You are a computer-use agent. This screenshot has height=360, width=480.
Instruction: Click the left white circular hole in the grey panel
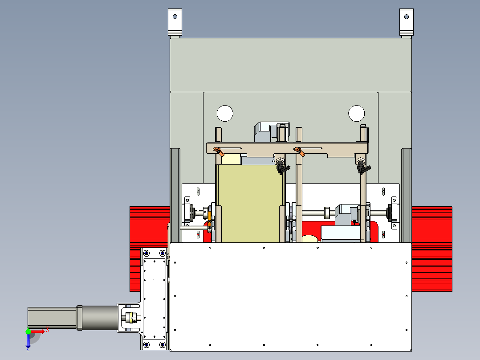(225, 113)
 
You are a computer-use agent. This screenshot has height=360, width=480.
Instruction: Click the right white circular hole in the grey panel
(356, 113)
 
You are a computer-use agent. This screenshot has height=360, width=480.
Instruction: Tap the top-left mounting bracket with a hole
(175, 22)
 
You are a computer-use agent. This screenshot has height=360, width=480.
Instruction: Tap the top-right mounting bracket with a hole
(406, 22)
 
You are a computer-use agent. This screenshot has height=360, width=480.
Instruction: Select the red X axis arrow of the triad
(38, 331)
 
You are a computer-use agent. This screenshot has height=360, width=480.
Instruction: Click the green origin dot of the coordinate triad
(28, 331)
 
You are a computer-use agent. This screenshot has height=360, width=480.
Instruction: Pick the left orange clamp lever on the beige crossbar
(218, 151)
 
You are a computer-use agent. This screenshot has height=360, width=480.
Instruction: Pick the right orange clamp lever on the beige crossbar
(299, 151)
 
